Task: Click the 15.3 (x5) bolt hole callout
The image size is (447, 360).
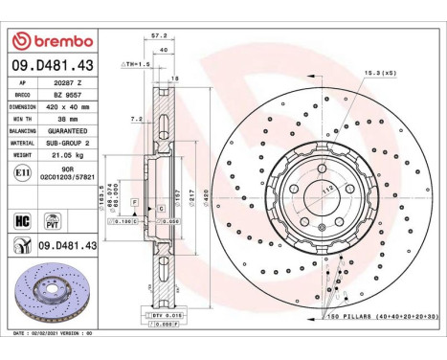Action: (x=377, y=71)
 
